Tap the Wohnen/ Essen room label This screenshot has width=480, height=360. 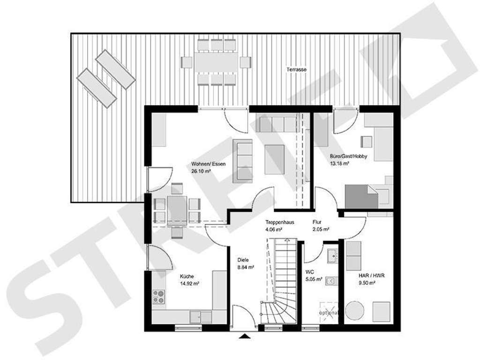click(202, 164)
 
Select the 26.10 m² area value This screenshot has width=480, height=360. click(201, 172)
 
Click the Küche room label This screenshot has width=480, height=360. click(186, 277)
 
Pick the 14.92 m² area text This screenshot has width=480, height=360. click(189, 284)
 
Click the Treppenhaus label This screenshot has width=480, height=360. click(279, 222)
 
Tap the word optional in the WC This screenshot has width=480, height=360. click(328, 312)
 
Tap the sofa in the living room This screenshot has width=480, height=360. click(244, 159)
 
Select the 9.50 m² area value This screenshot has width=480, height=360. click(367, 283)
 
